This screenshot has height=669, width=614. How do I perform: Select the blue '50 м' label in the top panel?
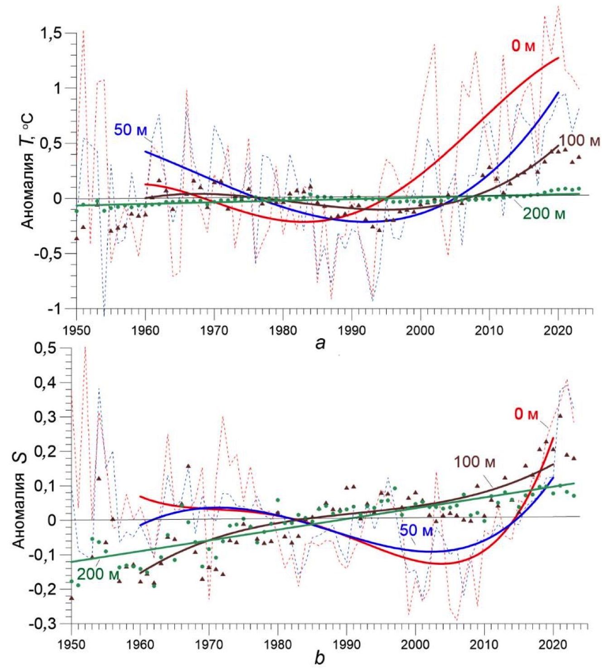pyautogui.click(x=130, y=130)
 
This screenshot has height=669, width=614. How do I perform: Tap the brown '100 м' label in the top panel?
pyautogui.click(x=579, y=141)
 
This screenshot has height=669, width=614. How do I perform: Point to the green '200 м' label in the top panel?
pyautogui.click(x=544, y=213)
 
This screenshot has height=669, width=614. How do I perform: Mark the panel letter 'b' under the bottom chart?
pyautogui.click(x=320, y=658)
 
